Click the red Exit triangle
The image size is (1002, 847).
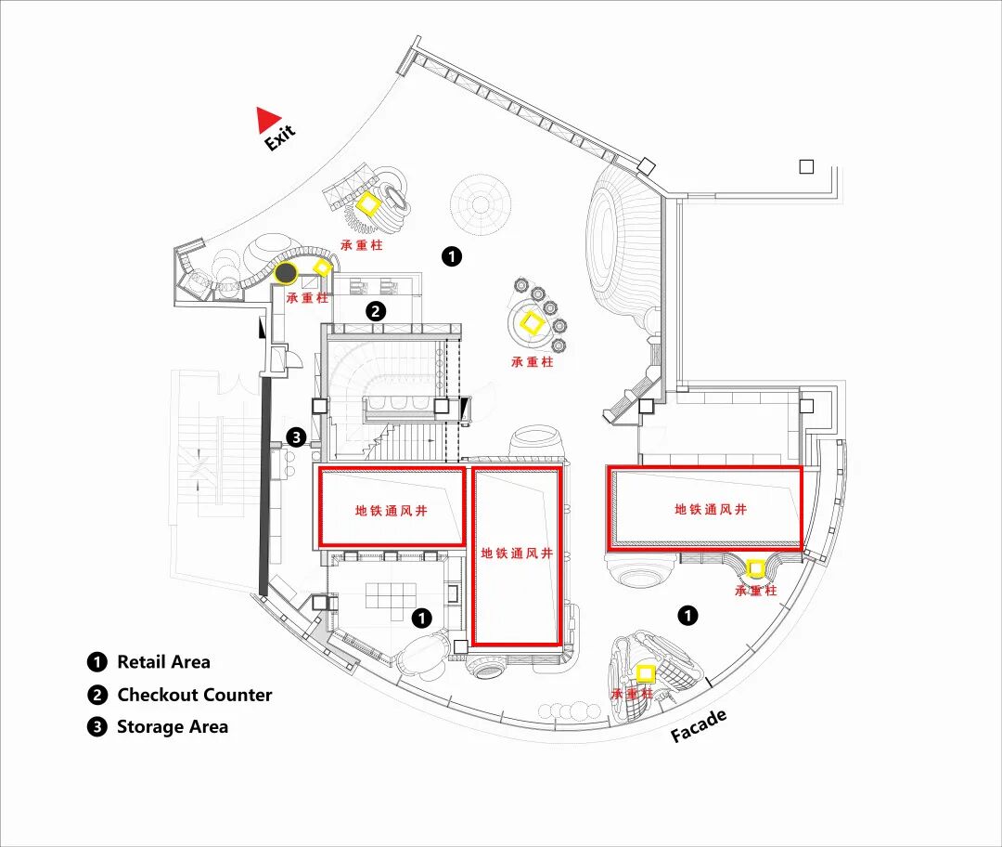(268, 119)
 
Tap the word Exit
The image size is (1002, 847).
(279, 137)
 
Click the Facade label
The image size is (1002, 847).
(699, 725)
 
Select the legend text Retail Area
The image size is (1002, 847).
(163, 662)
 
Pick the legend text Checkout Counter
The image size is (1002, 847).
(194, 695)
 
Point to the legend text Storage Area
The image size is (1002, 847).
(172, 726)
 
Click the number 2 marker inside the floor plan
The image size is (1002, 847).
(376, 311)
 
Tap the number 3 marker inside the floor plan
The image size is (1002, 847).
(296, 437)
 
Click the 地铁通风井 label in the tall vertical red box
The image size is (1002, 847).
(517, 554)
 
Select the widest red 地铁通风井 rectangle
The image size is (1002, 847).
(705, 508)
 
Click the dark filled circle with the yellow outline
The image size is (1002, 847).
(287, 273)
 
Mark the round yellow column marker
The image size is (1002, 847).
(756, 567)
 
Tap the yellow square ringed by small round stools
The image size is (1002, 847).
(533, 322)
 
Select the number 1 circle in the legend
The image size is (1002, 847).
(97, 662)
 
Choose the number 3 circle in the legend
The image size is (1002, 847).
(97, 726)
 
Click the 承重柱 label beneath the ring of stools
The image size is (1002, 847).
(533, 362)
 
